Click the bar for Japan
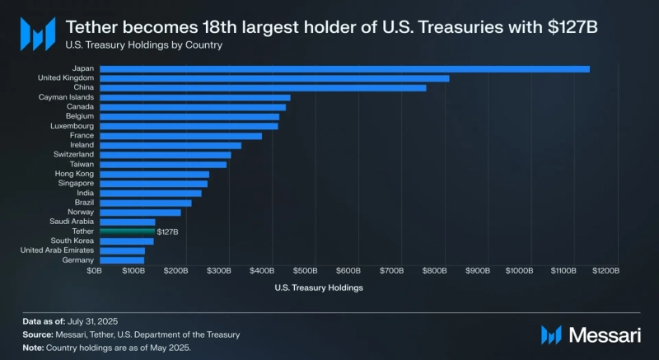344,68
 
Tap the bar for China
262,87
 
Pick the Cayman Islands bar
194,97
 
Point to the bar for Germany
121,260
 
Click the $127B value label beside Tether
167,232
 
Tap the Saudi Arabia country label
71,222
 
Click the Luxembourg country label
72,126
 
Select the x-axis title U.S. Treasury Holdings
318,288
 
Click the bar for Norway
139,213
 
